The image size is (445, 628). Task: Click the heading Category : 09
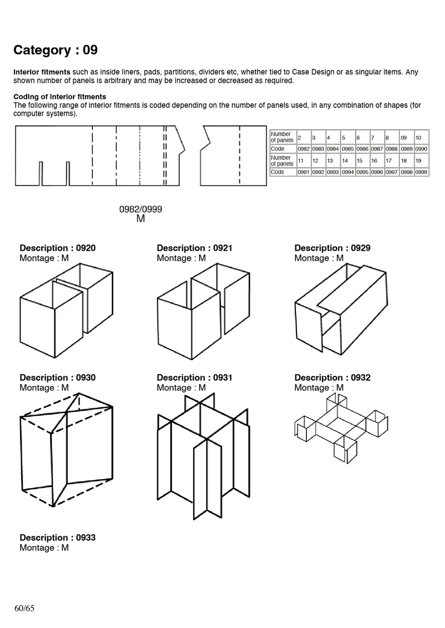pyautogui.click(x=56, y=50)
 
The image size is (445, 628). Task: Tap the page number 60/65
pyautogui.click(x=24, y=608)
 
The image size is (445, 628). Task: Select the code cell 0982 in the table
pyautogui.click(x=303, y=149)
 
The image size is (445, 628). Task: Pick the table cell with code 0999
pyautogui.click(x=421, y=172)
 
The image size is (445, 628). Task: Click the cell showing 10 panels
pyautogui.click(x=421, y=137)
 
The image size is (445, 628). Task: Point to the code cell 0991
pyautogui.click(x=303, y=172)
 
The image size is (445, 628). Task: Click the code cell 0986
pyautogui.click(x=362, y=149)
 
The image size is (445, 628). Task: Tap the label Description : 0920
pyautogui.click(x=57, y=248)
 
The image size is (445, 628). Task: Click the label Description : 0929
pyautogui.click(x=332, y=248)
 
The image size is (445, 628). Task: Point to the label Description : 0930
pyautogui.click(x=57, y=378)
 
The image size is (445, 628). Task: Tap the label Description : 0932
pyautogui.click(x=332, y=378)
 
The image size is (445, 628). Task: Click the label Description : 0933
pyautogui.click(x=57, y=537)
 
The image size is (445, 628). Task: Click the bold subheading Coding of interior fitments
pyautogui.click(x=60, y=97)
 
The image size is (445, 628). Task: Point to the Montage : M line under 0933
pyautogui.click(x=44, y=548)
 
